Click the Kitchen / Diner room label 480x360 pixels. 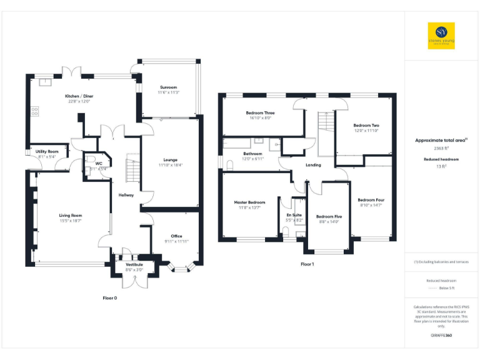79,96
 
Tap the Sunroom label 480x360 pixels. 168,87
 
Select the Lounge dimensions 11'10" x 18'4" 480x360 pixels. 168,165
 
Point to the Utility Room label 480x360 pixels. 47,151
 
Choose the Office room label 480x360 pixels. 176,236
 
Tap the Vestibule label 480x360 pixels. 134,264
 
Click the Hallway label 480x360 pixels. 126,195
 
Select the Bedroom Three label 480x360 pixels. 260,113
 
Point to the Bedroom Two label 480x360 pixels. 366,125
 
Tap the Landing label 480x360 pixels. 313,165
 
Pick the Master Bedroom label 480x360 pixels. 249,202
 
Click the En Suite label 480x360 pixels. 294,215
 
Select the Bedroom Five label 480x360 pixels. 329,216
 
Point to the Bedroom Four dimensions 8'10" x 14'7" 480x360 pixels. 369,205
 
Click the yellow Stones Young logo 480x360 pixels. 441,36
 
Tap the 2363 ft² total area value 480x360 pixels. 441,149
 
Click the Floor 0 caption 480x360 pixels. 110,298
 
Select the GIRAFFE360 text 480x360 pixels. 441,336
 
